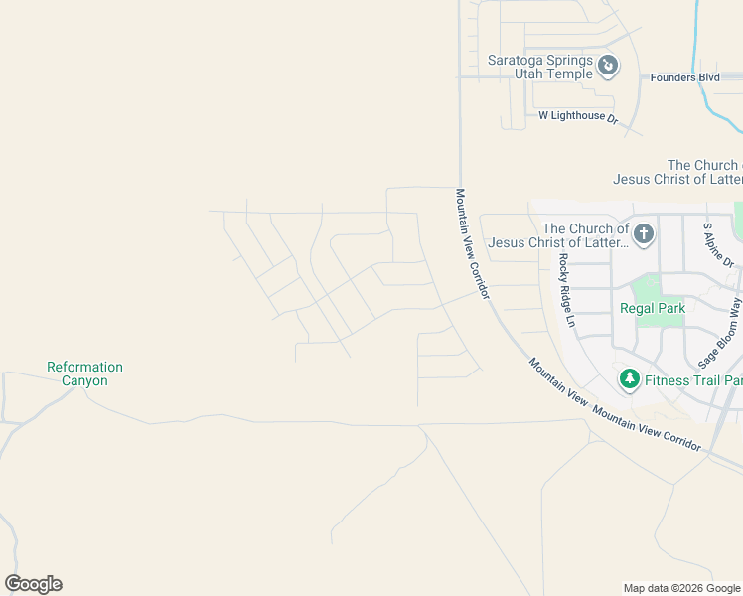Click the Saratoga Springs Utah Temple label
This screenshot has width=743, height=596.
(539, 67)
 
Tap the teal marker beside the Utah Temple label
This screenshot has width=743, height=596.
(609, 67)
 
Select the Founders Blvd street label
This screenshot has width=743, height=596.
(685, 77)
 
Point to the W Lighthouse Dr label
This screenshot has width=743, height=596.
(578, 117)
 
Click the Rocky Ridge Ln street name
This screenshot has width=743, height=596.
(566, 290)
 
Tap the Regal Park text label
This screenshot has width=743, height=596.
(653, 309)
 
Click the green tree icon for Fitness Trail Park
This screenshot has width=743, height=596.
(629, 379)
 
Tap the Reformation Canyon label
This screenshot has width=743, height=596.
(84, 373)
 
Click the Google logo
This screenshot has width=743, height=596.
(33, 584)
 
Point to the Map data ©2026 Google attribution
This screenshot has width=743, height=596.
(681, 588)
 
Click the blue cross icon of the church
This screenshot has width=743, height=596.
(644, 235)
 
